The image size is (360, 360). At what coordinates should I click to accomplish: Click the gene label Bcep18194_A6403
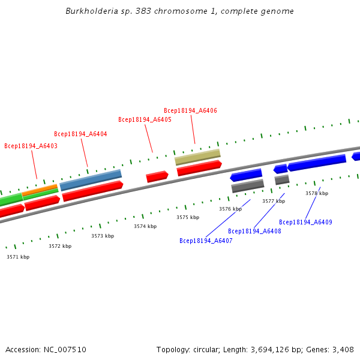click(x=31, y=146)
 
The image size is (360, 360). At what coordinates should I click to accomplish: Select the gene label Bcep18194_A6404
click(x=80, y=134)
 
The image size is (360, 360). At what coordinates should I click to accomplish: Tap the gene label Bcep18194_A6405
click(x=145, y=119)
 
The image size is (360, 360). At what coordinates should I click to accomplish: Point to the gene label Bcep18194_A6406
click(x=190, y=110)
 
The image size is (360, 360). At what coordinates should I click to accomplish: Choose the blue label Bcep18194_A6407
click(x=206, y=241)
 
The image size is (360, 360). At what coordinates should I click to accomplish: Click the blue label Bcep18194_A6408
click(x=254, y=231)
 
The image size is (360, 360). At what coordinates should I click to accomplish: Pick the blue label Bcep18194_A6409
click(x=305, y=222)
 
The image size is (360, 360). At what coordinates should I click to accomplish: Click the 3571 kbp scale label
click(x=18, y=257)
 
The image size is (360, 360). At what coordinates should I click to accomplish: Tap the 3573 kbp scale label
click(x=103, y=236)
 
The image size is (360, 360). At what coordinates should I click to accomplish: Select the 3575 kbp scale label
click(x=188, y=217)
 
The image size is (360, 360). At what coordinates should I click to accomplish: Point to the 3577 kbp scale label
click(x=274, y=201)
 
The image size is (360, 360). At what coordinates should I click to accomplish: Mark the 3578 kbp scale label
click(x=317, y=193)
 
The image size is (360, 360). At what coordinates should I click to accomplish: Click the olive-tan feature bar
click(x=197, y=157)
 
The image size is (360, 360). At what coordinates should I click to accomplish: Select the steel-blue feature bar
click(x=91, y=179)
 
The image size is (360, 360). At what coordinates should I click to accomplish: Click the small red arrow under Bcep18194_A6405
click(x=157, y=176)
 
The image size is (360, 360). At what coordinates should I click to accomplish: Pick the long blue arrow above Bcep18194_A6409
click(x=317, y=163)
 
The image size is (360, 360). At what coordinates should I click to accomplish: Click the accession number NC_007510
click(x=65, y=349)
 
